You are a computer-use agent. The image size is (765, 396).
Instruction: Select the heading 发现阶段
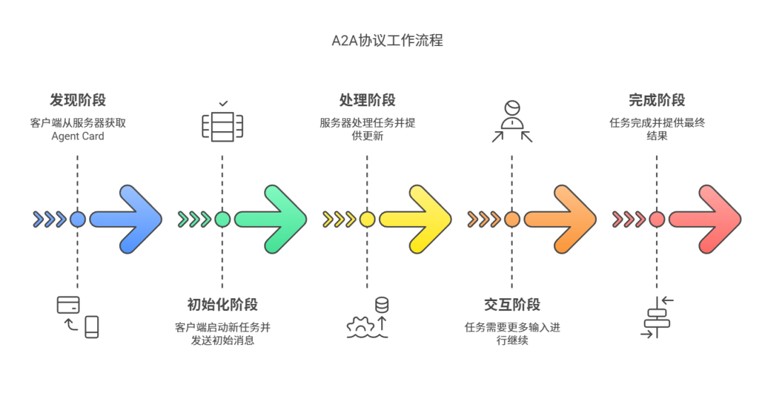[78, 100]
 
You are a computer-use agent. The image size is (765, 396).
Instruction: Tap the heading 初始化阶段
[222, 305]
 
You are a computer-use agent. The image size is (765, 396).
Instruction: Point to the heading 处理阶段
[367, 100]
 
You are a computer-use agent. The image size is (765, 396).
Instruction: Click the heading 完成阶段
[657, 100]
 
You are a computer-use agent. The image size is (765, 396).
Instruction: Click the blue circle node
[78, 219]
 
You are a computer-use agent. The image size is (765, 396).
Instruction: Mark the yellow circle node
[367, 219]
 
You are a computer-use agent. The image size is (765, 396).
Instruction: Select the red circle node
[657, 219]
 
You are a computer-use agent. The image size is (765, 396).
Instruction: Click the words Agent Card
[78, 136]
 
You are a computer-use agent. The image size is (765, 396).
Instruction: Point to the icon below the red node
[657, 317]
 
